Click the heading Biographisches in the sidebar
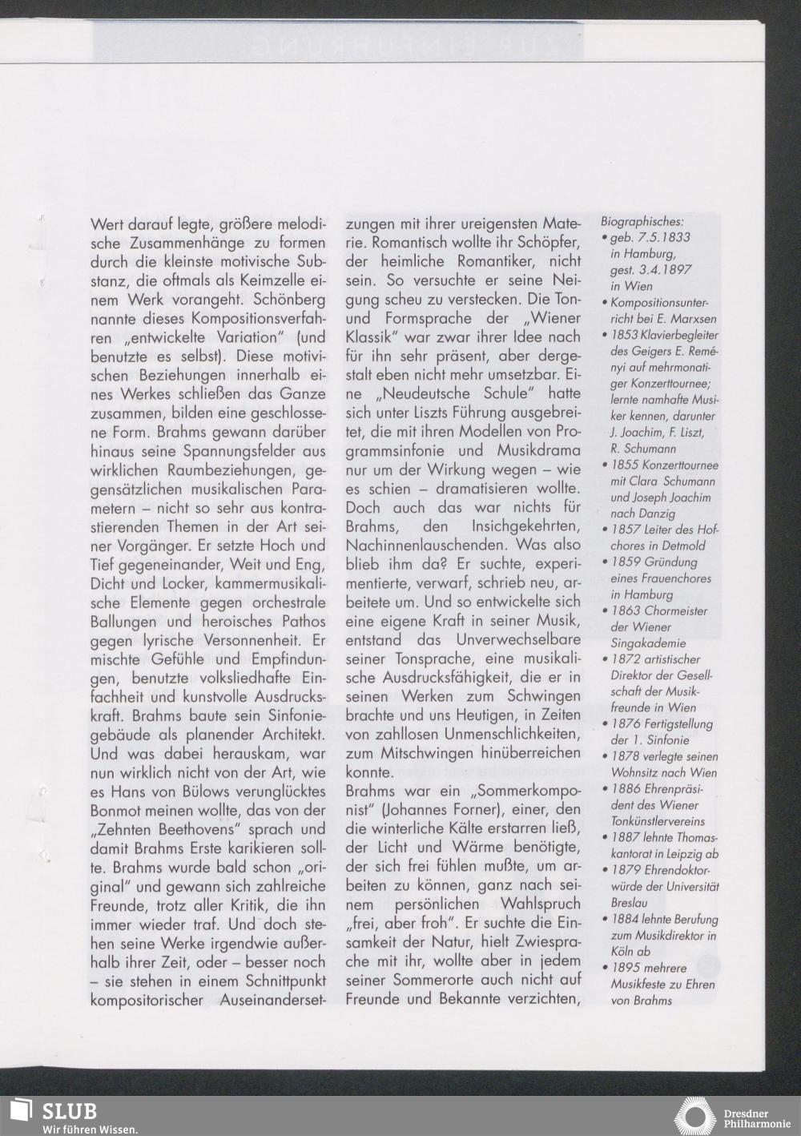[x=642, y=220]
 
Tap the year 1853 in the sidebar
[x=624, y=335]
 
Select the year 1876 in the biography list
[x=624, y=724]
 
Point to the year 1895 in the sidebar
[x=624, y=968]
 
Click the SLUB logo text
[x=70, y=1111]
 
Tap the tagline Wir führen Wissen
[x=91, y=1130]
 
